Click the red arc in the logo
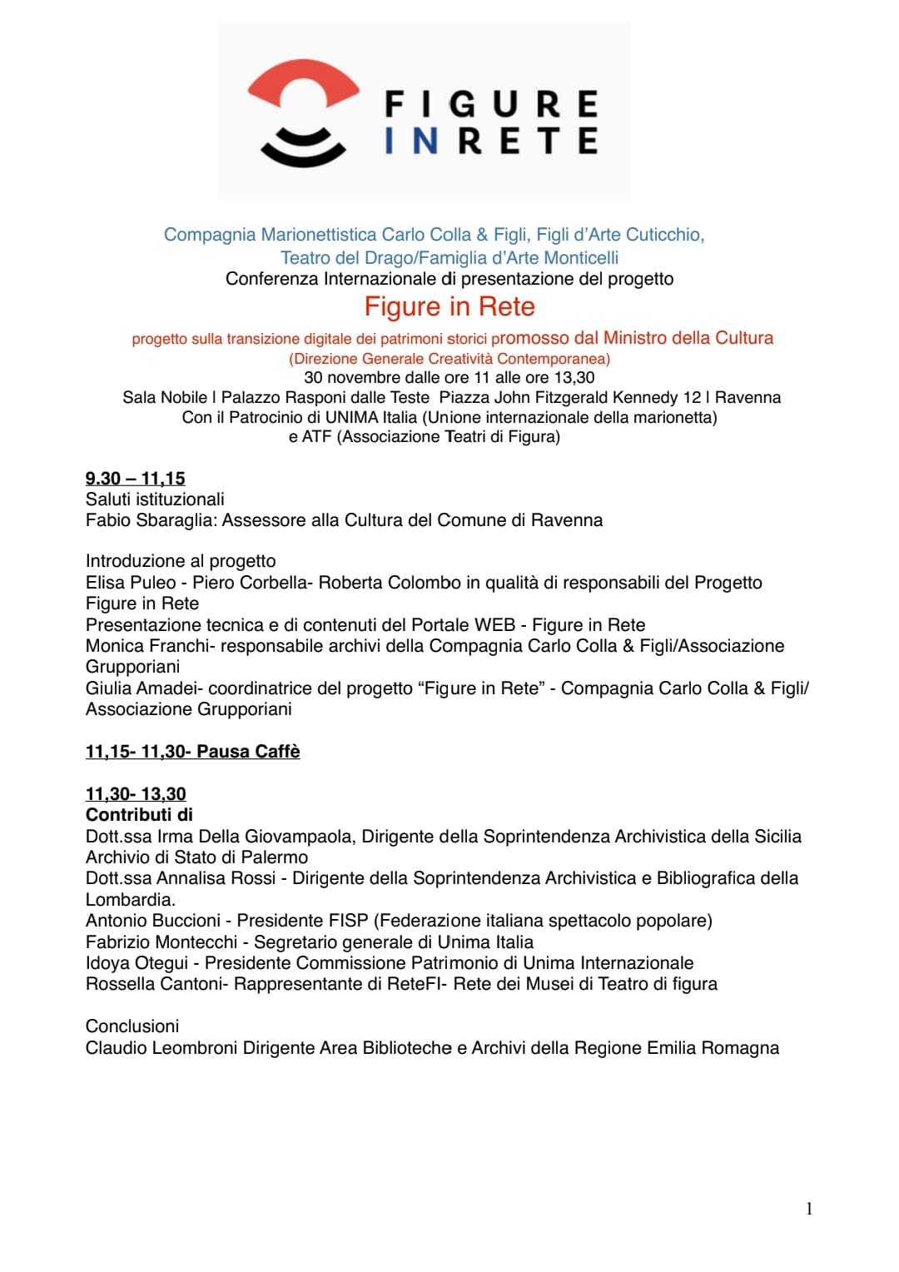tap(303, 83)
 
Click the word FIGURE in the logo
tap(491, 105)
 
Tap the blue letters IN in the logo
tap(411, 142)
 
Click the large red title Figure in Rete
tap(449, 307)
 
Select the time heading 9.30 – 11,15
tap(135, 479)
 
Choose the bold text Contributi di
tap(139, 815)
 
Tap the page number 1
tap(809, 1210)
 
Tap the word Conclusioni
tap(132, 1026)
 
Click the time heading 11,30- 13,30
tap(136, 794)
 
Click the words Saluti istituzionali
tap(155, 499)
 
